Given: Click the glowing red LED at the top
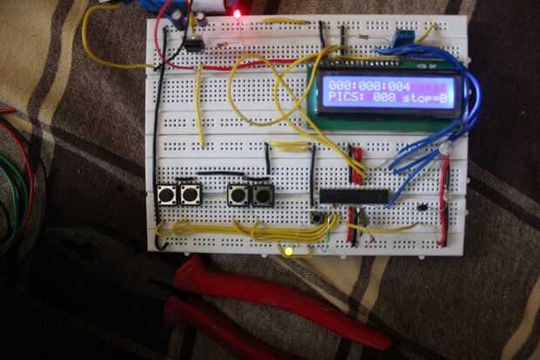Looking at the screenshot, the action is click(x=236, y=13).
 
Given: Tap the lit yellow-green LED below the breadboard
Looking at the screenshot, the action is click(x=288, y=253).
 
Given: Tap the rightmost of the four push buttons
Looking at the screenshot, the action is click(x=261, y=195).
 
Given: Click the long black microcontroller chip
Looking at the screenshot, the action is click(x=354, y=196).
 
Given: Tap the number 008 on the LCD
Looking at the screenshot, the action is click(x=386, y=99).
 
